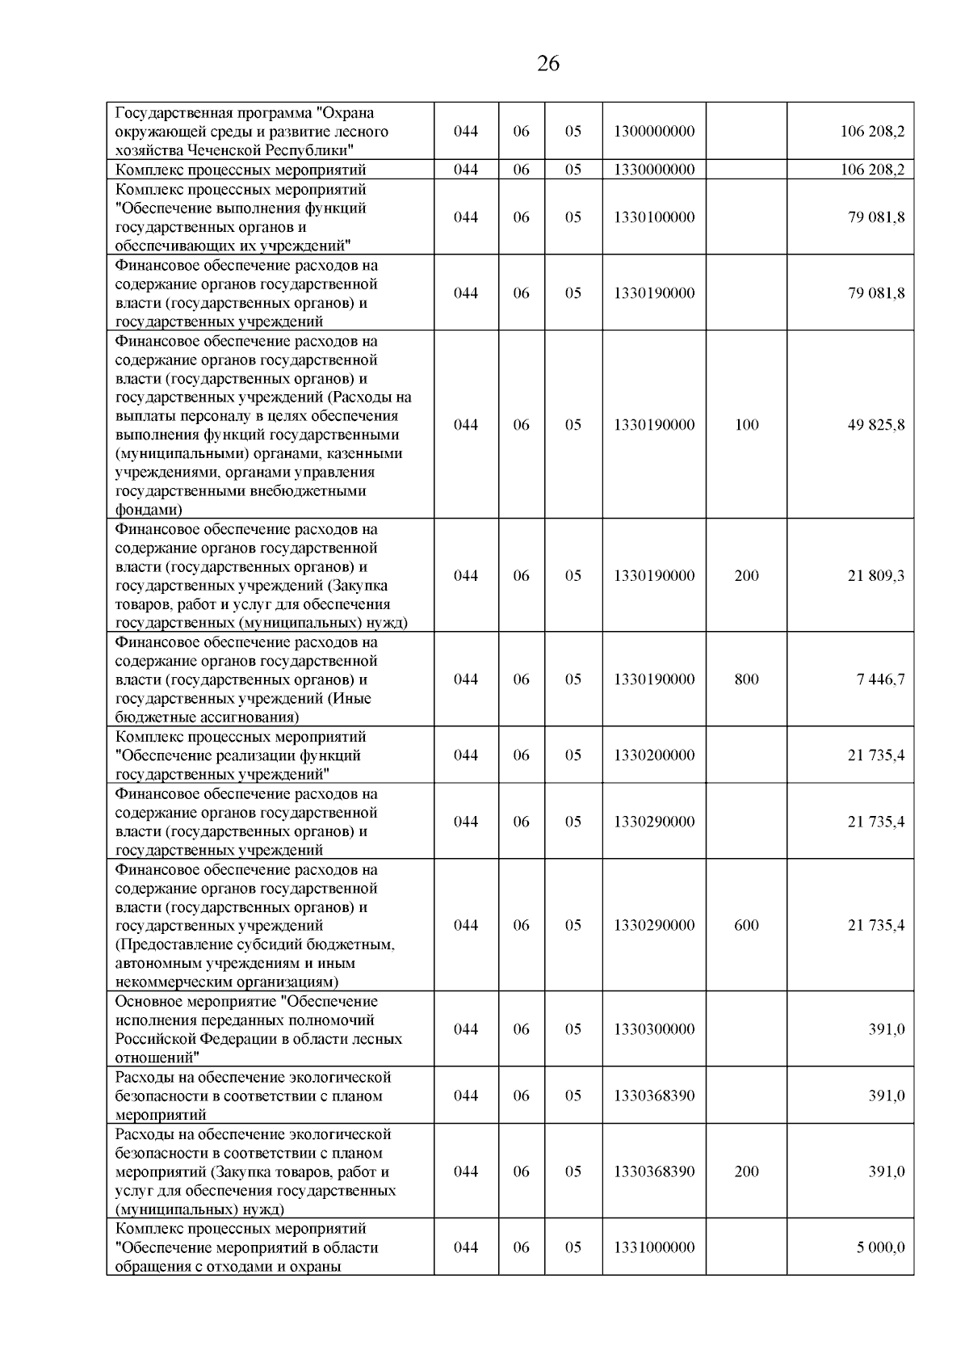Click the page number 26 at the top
[x=548, y=64]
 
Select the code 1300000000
[x=654, y=132]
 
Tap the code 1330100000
[x=654, y=217]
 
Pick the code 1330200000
[x=654, y=755]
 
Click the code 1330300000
[x=654, y=1029]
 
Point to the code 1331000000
[x=654, y=1247]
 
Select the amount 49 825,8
[x=876, y=425]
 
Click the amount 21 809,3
[x=876, y=576]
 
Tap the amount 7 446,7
[x=880, y=679]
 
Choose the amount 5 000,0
[x=881, y=1247]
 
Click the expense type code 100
[x=747, y=425]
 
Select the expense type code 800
[x=747, y=679]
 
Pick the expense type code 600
[x=747, y=926]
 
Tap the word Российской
[x=156, y=1040]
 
